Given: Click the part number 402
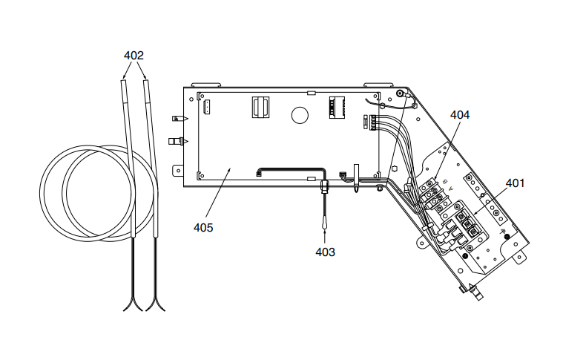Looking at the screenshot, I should (134, 55).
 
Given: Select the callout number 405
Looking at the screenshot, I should (203, 227).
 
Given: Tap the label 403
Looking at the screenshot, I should (325, 252).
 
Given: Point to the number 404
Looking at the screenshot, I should (460, 115).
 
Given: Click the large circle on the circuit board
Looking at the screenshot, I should (300, 115).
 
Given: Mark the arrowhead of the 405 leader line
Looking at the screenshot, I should (231, 168).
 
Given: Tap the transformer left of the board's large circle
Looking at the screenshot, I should (259, 108).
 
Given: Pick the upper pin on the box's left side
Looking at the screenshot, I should (177, 118).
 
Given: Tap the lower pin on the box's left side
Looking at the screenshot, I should (177, 140).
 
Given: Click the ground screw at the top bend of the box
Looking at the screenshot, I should (401, 94).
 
